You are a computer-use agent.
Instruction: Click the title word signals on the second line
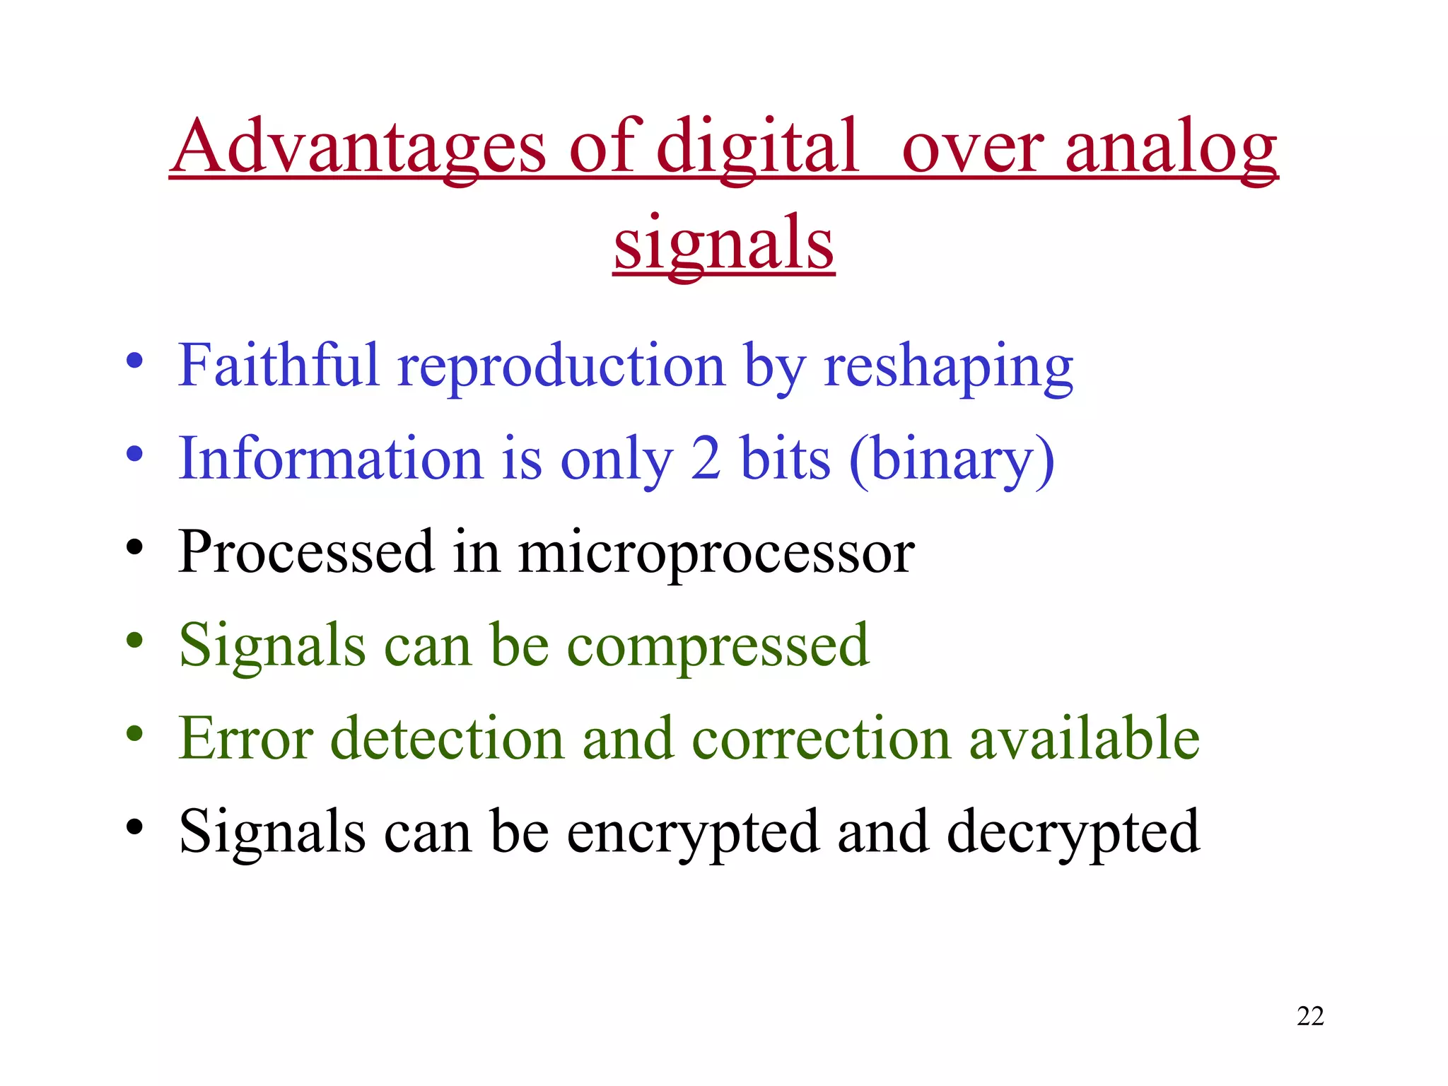724,243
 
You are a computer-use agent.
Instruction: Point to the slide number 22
1310,1016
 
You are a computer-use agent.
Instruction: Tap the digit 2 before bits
705,459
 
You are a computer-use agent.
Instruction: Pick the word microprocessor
716,552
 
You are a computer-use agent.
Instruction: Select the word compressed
718,646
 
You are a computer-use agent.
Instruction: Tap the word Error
245,738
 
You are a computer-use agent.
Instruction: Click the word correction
821,738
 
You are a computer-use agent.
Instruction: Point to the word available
1084,738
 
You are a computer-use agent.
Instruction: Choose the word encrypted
693,832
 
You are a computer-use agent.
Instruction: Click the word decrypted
1073,832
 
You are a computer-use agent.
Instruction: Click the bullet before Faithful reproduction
134,361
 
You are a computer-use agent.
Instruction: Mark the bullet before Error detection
134,734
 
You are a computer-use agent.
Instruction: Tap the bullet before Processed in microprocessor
134,547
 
